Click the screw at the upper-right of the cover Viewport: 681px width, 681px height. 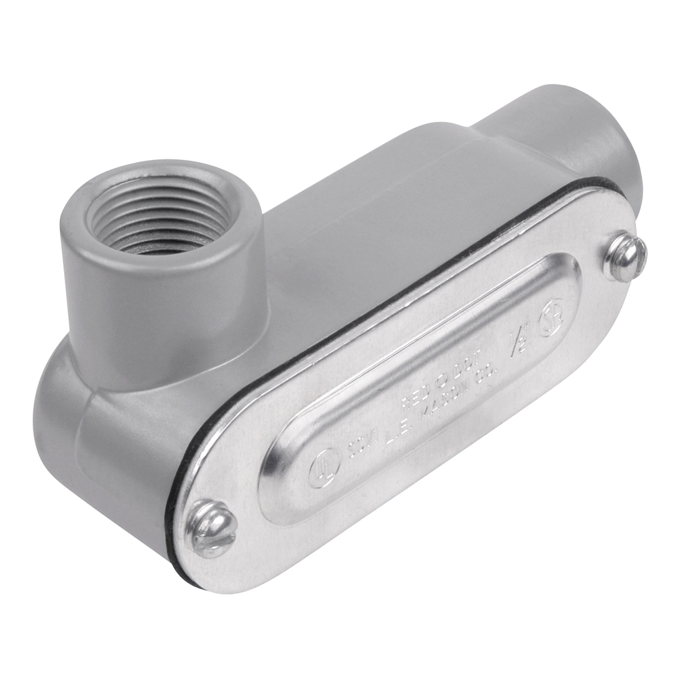(625, 257)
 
